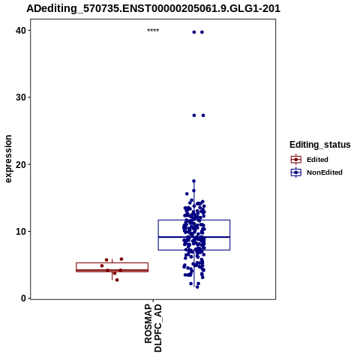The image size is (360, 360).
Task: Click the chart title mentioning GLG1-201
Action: [x=153, y=8]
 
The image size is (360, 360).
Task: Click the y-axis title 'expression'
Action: [x=8, y=159]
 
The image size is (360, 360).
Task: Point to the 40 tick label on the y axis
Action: [x=21, y=31]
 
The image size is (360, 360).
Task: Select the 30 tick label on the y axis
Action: [x=21, y=97]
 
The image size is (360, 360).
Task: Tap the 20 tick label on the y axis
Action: [x=21, y=164]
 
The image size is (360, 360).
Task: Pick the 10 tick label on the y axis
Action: [x=21, y=232]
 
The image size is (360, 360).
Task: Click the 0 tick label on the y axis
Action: [x=23, y=298]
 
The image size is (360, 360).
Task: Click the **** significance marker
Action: [x=153, y=31]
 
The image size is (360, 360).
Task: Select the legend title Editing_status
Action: [x=320, y=145]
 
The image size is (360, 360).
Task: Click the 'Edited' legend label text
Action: [x=317, y=160]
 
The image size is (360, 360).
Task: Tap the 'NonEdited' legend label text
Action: [x=325, y=172]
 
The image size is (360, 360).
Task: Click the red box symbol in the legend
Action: [x=296, y=160]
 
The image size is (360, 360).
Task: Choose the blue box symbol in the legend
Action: [x=296, y=172]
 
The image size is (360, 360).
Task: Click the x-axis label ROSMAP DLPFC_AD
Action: [x=153, y=328]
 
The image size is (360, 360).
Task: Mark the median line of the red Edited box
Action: [x=112, y=270]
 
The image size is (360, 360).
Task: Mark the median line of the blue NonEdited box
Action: [x=194, y=237]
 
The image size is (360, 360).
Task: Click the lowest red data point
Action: [x=117, y=280]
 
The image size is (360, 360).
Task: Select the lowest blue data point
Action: [x=197, y=287]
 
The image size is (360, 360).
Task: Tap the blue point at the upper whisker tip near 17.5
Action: [x=193, y=181]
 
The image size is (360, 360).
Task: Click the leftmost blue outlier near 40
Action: [x=194, y=32]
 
